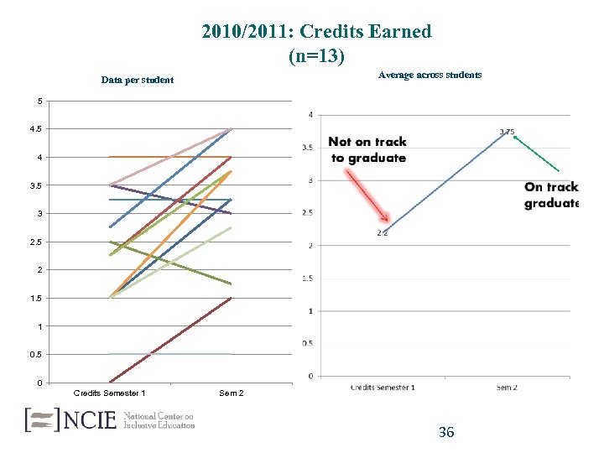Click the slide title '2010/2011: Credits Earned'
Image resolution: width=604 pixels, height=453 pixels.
[316, 32]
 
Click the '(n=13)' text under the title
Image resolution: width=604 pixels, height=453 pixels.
[316, 57]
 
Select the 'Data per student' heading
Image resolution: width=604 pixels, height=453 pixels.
[137, 80]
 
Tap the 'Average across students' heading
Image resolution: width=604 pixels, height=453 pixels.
[430, 75]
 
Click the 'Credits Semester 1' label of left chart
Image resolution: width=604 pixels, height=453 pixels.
[109, 393]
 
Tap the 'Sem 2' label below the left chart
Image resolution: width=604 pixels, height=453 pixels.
[231, 393]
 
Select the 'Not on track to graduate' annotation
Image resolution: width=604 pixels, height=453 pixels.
[367, 150]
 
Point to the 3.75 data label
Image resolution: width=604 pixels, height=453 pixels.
[508, 132]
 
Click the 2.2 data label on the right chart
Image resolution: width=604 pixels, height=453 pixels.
[382, 233]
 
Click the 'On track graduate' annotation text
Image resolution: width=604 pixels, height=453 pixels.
[551, 195]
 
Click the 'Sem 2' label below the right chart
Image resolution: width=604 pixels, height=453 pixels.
[506, 387]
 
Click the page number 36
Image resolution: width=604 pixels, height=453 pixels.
[446, 432]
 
